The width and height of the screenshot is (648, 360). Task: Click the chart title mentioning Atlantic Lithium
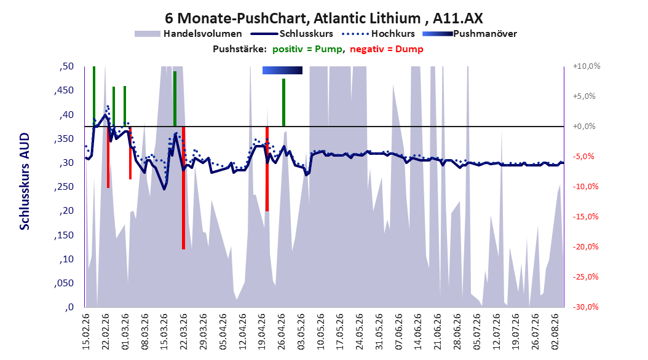click(x=323, y=18)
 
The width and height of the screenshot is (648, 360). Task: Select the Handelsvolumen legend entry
click(x=188, y=34)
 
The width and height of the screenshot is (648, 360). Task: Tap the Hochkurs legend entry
click(x=379, y=34)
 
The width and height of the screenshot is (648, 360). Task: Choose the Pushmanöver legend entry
click(x=470, y=34)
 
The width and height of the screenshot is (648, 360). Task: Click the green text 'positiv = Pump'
click(x=307, y=49)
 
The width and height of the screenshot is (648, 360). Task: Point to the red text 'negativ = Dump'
click(x=387, y=49)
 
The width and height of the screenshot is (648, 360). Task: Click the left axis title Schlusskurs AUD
click(x=25, y=181)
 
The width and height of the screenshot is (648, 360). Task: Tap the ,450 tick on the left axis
click(x=64, y=90)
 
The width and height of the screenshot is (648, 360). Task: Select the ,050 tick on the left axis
click(x=64, y=283)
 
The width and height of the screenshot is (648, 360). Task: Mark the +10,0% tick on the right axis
click(x=587, y=66)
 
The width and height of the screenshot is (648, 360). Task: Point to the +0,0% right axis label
click(x=584, y=127)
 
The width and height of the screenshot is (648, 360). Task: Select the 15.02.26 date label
click(x=86, y=332)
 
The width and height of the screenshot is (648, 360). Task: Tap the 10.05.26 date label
click(x=320, y=332)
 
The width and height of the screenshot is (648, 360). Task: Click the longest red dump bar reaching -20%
click(x=183, y=188)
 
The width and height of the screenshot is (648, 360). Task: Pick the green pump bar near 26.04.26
click(x=284, y=103)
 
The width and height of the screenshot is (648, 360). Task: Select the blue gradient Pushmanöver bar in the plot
click(x=282, y=70)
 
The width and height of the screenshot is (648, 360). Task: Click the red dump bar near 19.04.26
click(x=267, y=169)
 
